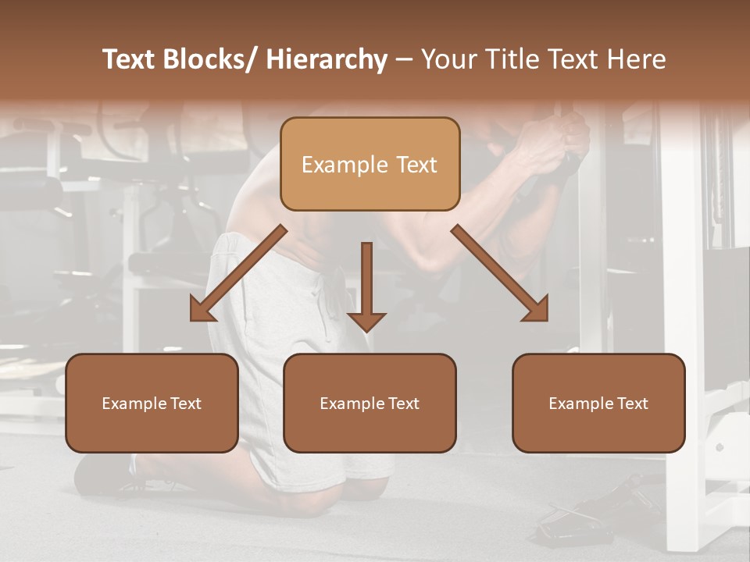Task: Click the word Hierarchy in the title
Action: pyautogui.click(x=327, y=60)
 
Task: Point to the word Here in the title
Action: pyautogui.click(x=638, y=60)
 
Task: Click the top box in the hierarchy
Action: pyautogui.click(x=370, y=164)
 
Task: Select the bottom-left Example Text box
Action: pyautogui.click(x=152, y=403)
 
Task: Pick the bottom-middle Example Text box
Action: pyautogui.click(x=370, y=403)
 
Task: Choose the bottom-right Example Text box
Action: pyautogui.click(x=598, y=403)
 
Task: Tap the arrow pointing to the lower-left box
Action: pyautogui.click(x=239, y=273)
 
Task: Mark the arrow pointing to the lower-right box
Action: pyautogui.click(x=500, y=273)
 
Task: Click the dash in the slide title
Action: pyautogui.click(x=404, y=60)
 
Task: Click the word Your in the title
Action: pyautogui.click(x=448, y=60)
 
